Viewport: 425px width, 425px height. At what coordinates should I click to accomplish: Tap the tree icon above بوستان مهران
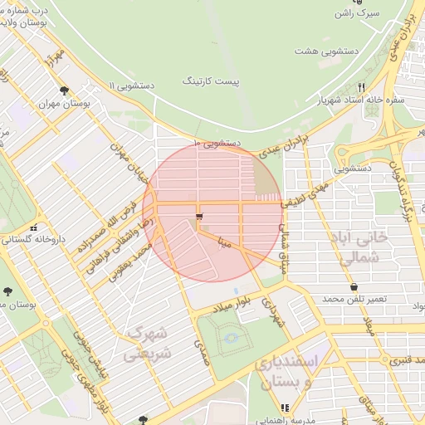coord(65,90)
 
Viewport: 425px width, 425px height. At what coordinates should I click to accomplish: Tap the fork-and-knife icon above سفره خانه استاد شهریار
coord(360,87)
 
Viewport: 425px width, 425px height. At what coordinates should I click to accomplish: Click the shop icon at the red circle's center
coord(198,217)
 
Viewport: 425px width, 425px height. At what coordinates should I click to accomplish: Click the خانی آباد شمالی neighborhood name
coord(360,247)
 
